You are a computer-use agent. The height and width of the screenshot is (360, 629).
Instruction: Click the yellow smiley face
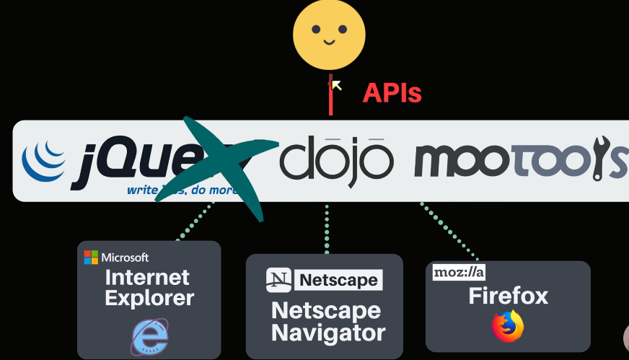[x=329, y=35]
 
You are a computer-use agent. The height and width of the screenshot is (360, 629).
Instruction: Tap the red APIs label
[x=392, y=93]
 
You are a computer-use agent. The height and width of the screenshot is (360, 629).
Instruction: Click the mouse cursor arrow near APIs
[x=335, y=85]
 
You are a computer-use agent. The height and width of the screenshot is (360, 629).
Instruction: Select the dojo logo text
[x=337, y=160]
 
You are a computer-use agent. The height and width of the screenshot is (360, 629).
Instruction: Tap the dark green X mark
[x=220, y=167]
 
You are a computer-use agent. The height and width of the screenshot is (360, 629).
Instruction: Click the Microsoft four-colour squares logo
[x=91, y=258]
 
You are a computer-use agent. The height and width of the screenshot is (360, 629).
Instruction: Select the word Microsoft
[x=125, y=258]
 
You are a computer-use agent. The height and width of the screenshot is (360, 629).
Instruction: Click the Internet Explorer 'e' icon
[x=149, y=335]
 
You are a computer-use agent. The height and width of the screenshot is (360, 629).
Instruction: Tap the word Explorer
[x=149, y=297]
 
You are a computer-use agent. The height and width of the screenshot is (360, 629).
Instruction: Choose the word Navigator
[x=328, y=333]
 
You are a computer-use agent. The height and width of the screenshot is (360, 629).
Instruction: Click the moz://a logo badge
[x=459, y=272]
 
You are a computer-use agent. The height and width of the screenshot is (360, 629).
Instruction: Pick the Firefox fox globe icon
[x=508, y=326]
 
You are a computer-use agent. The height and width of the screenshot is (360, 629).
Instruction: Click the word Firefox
[x=508, y=296]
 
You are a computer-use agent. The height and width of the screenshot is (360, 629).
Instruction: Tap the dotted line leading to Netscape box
[x=327, y=227]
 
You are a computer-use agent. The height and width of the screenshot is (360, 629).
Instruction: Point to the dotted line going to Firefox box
[x=449, y=231]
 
